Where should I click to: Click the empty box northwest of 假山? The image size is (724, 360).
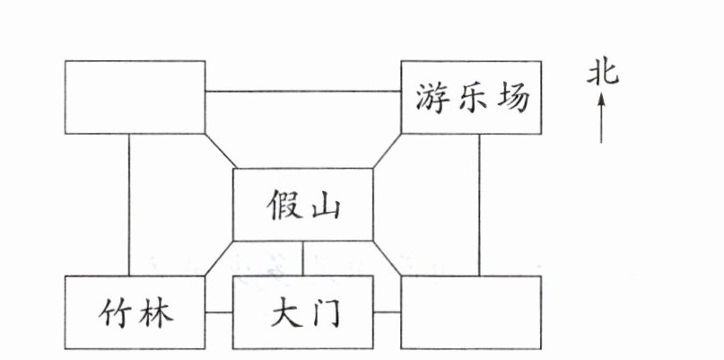click(x=135, y=97)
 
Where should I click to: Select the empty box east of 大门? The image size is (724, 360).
click(x=471, y=312)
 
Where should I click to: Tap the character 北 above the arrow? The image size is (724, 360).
click(x=602, y=73)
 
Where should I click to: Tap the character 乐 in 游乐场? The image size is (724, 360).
click(x=472, y=97)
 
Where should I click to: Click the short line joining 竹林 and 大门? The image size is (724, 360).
click(x=219, y=312)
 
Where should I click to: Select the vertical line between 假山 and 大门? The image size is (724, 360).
click(x=302, y=259)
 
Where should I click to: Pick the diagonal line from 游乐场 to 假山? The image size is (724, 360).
click(x=387, y=151)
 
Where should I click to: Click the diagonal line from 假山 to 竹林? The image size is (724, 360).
click(x=219, y=259)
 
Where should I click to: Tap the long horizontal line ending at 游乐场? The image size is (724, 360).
click(x=302, y=92)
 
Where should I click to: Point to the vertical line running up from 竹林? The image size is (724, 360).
click(x=128, y=205)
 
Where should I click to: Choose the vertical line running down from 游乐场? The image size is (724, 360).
click(x=478, y=205)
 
